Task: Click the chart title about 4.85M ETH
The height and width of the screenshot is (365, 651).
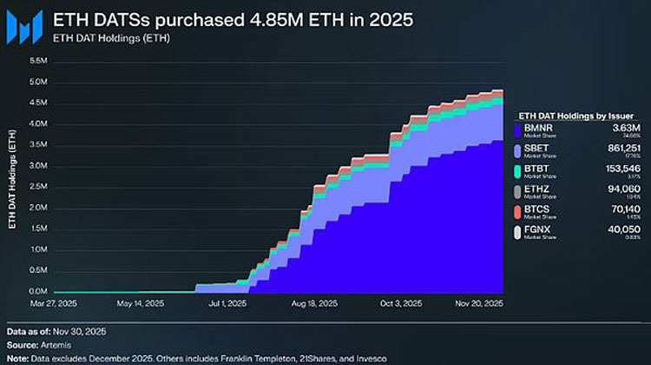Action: pyautogui.click(x=233, y=18)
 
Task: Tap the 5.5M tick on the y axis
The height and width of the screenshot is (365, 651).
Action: pyautogui.click(x=37, y=61)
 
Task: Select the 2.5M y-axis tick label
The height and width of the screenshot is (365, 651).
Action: pyautogui.click(x=37, y=187)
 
